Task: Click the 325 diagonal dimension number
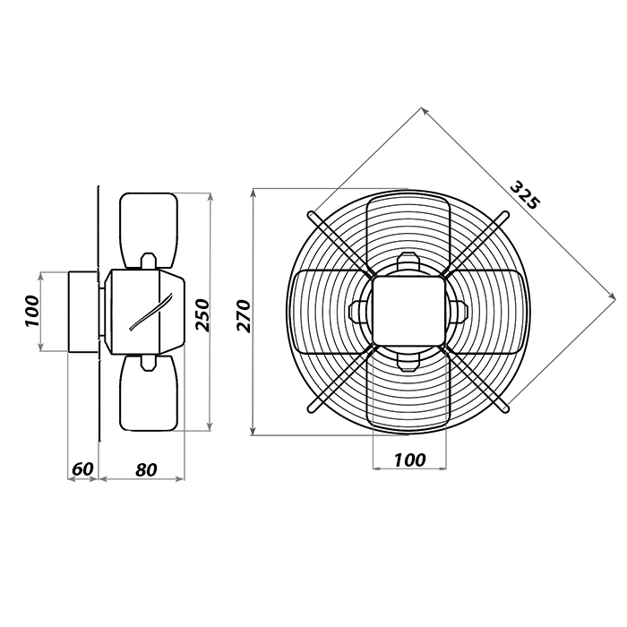tap(525, 195)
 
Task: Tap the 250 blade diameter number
tap(202, 314)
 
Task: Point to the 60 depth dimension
tap(82, 468)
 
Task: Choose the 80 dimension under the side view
tap(146, 469)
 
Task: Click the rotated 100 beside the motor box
tap(33, 311)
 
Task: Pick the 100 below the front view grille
tap(410, 460)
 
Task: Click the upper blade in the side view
tap(149, 230)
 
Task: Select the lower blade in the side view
tap(149, 393)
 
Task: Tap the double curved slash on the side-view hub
tap(150, 312)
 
